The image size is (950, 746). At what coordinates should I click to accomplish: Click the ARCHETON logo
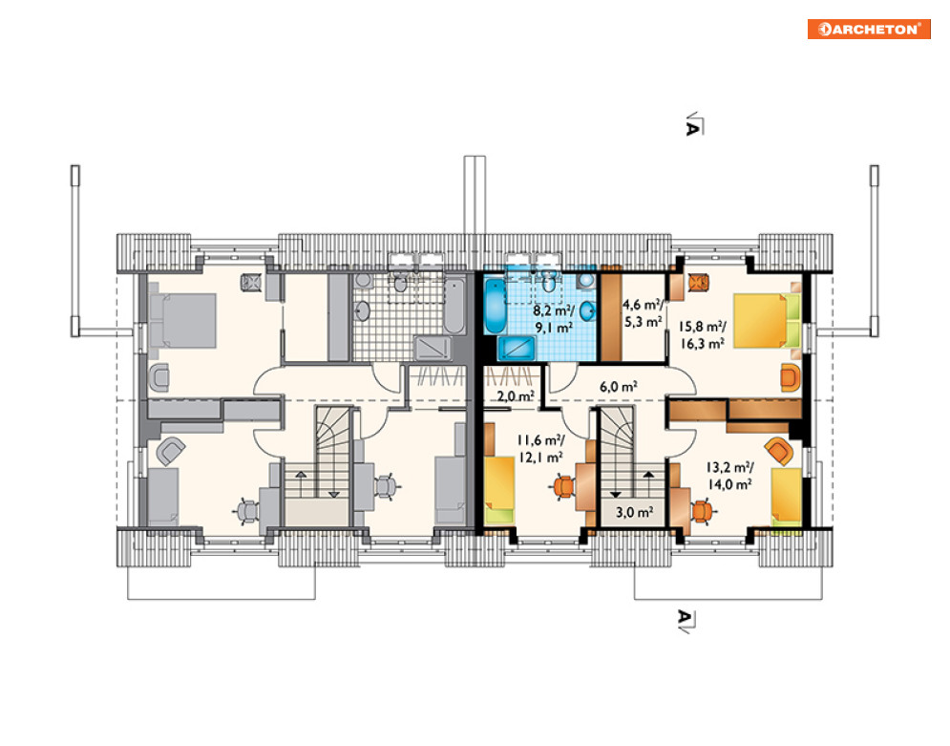(x=869, y=29)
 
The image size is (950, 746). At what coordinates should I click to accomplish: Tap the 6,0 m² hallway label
(x=618, y=387)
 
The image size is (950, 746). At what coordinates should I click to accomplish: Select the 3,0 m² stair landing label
(x=634, y=513)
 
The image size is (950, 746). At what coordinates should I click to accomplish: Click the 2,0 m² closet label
(x=516, y=396)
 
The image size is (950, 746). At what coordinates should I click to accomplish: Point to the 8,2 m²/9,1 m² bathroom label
(x=554, y=319)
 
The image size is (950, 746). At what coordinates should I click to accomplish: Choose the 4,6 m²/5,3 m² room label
(x=643, y=313)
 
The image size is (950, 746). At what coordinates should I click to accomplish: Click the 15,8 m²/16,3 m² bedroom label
(x=702, y=335)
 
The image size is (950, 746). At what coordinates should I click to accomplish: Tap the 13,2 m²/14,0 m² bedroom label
(x=729, y=476)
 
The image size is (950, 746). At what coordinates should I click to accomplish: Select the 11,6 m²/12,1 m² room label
(x=540, y=448)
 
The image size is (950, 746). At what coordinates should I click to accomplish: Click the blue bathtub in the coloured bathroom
(x=495, y=306)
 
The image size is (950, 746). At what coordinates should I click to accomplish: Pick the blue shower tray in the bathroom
(x=517, y=349)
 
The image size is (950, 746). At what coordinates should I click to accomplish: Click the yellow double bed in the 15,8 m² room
(x=767, y=321)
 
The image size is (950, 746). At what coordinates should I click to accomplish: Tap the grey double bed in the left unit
(x=182, y=321)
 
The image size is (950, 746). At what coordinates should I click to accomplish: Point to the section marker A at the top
(x=692, y=128)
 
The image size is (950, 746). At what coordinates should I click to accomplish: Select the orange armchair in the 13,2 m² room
(x=778, y=451)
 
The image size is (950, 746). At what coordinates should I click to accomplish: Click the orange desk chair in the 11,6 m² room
(x=563, y=486)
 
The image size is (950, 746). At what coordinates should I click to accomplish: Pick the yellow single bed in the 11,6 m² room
(x=499, y=490)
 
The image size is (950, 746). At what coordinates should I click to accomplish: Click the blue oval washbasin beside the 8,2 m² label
(x=588, y=310)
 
